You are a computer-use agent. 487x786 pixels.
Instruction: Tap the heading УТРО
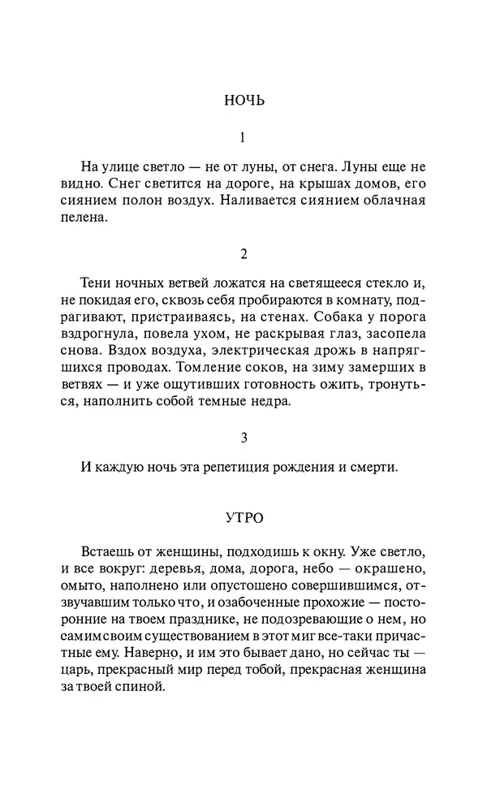(243, 516)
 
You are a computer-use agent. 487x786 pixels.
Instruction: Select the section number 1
(243, 138)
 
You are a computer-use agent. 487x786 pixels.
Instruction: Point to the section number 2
(243, 254)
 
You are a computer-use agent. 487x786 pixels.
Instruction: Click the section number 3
(243, 438)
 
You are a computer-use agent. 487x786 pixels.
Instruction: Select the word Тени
(97, 283)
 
